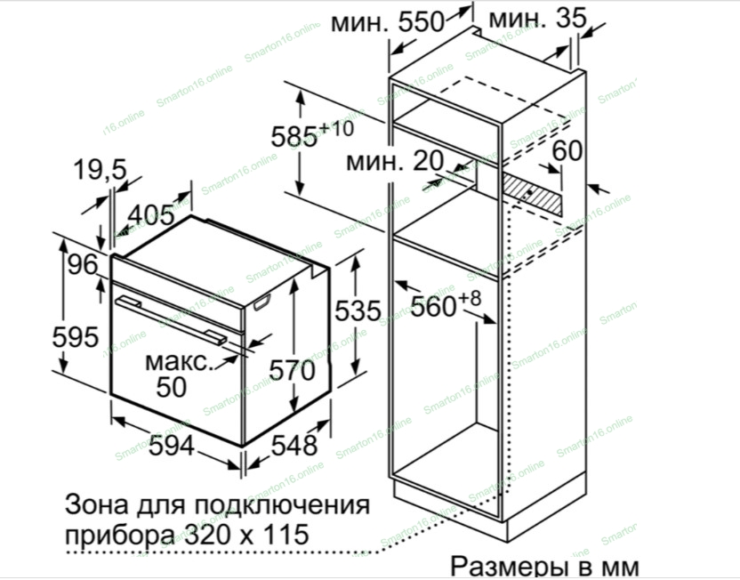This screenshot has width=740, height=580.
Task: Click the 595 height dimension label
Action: click(x=76, y=337)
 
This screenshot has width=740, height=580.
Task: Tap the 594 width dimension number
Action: click(x=172, y=445)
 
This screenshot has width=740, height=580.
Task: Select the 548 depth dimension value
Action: click(x=294, y=445)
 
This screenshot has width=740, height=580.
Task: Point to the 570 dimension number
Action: click(x=292, y=370)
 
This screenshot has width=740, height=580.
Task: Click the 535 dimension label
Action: click(x=358, y=310)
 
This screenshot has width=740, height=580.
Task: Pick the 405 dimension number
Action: click(x=151, y=215)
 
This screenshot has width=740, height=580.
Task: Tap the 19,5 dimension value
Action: click(x=100, y=169)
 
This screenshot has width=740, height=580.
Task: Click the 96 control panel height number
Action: click(x=83, y=264)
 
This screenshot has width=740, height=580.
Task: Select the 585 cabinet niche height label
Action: click(x=294, y=137)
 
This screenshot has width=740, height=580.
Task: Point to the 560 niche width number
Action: click(x=433, y=307)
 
